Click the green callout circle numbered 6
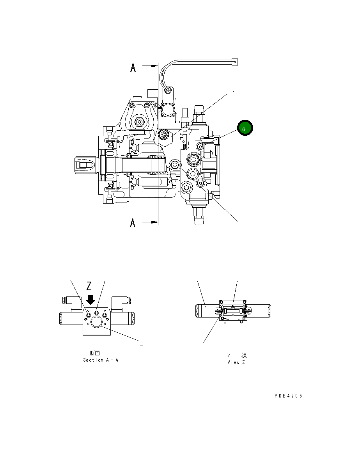tap(245, 128)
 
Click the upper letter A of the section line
tap(133, 68)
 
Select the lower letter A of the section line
tap(133, 223)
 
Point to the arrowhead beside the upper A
tap(154, 66)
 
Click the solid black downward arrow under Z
tap(90, 300)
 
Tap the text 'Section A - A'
tap(101, 360)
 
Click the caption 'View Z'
tap(236, 362)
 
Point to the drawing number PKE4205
tap(288, 396)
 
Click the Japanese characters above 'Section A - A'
tap(95, 353)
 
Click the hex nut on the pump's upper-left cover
tap(139, 122)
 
